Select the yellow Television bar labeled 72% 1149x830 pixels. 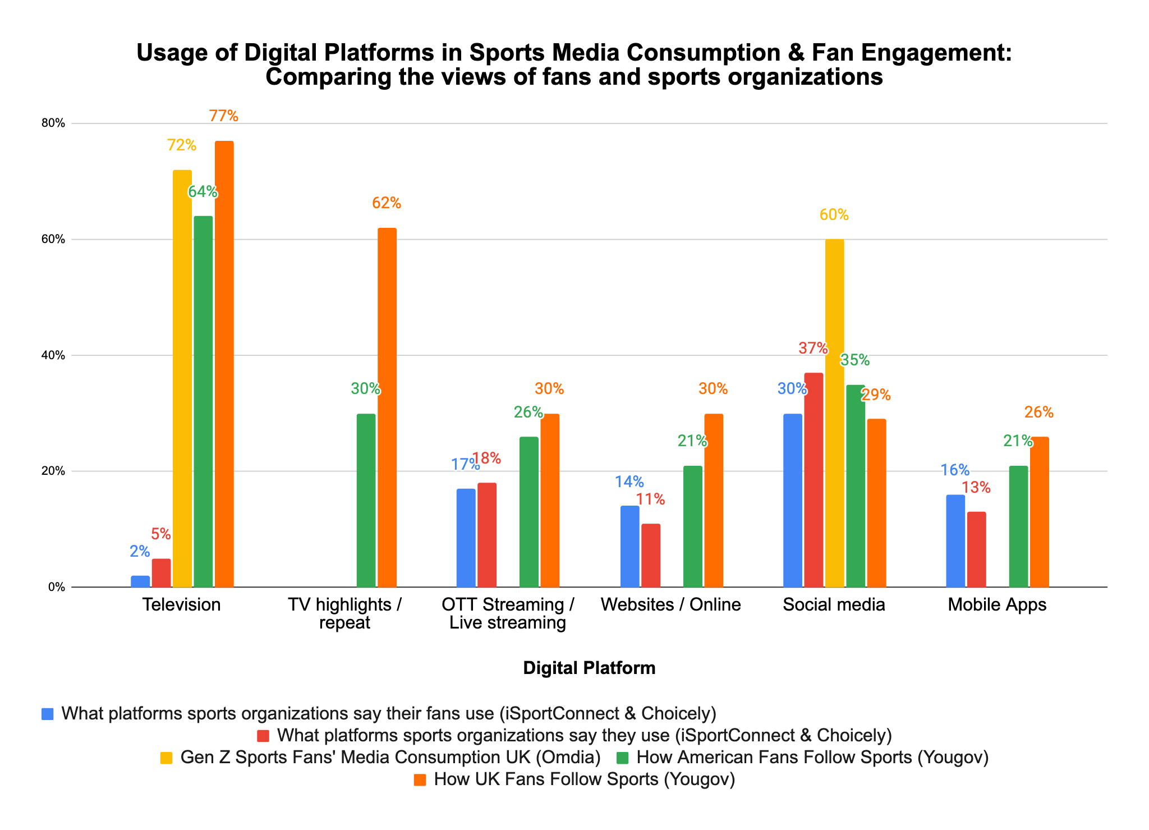pyautogui.click(x=182, y=379)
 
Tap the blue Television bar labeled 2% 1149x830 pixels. pyautogui.click(x=140, y=581)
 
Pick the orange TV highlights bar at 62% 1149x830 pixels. pyautogui.click(x=387, y=407)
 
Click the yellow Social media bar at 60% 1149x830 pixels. pyautogui.click(x=834, y=413)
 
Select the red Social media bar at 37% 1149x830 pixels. pyautogui.click(x=813, y=480)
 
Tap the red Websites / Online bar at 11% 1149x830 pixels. pyautogui.click(x=650, y=555)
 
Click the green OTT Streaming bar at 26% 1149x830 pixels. pyautogui.click(x=528, y=512)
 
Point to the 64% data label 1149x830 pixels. pyautogui.click(x=203, y=192)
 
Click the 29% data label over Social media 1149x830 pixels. pyautogui.click(x=876, y=395)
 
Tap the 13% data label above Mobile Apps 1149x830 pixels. pyautogui.click(x=976, y=488)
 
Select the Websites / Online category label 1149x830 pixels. pyautogui.click(x=670, y=605)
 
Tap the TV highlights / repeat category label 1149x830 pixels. pyautogui.click(x=344, y=613)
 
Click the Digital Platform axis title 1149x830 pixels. pyautogui.click(x=589, y=668)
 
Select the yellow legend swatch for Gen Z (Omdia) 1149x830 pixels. pyautogui.click(x=167, y=758)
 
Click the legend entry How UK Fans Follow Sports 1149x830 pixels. pyautogui.click(x=584, y=779)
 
